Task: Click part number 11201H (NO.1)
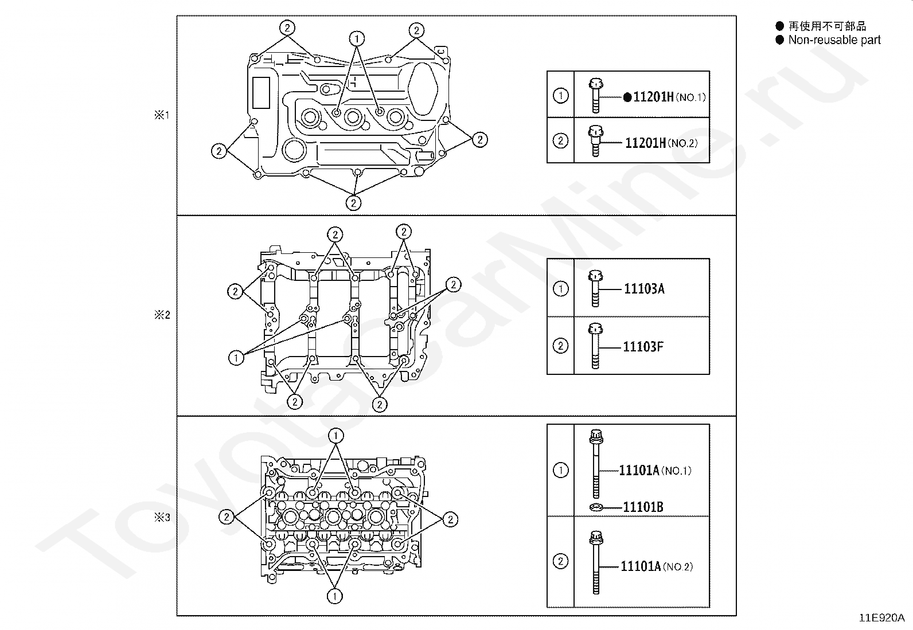(669, 97)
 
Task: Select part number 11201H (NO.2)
(661, 143)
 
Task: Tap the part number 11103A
(644, 289)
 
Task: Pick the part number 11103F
(643, 347)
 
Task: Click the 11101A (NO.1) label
(655, 471)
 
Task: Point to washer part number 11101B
(643, 507)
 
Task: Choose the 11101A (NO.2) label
(657, 566)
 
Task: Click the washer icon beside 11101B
(596, 507)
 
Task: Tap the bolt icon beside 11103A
(595, 288)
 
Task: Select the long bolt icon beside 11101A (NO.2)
(596, 562)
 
